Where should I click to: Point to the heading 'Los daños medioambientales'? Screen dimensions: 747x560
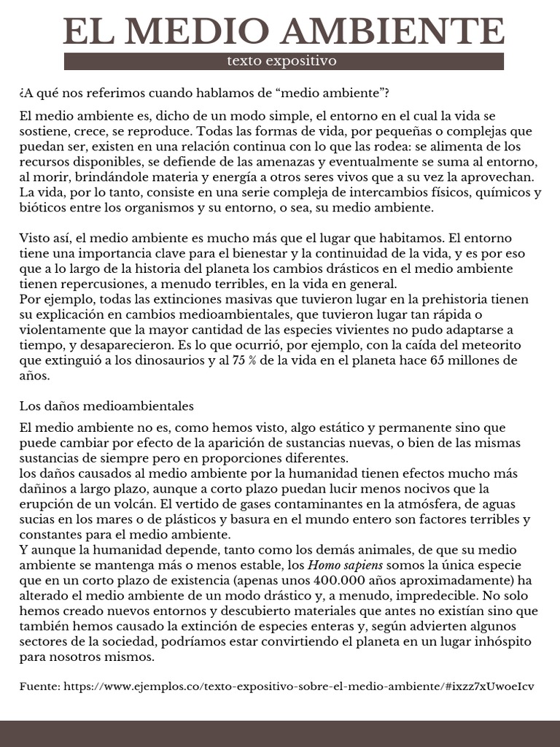tap(106, 405)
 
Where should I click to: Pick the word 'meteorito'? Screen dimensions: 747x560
tap(491, 345)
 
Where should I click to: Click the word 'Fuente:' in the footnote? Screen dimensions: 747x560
tap(40, 686)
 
